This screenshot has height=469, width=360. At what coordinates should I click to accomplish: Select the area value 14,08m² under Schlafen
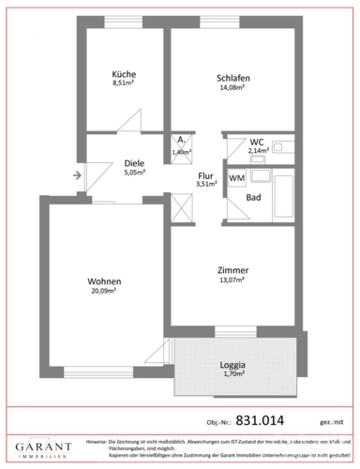(x=231, y=87)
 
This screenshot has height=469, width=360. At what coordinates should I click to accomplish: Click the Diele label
(x=134, y=162)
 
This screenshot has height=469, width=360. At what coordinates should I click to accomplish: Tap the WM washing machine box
(x=237, y=176)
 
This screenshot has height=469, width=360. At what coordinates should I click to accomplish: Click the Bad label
(x=253, y=198)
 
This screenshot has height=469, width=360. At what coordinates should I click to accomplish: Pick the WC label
(x=256, y=142)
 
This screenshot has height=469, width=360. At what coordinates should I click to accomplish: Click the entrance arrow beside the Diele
(x=75, y=173)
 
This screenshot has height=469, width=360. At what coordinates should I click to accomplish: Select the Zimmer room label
(x=231, y=268)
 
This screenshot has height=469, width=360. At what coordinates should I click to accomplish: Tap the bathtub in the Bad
(x=279, y=198)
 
